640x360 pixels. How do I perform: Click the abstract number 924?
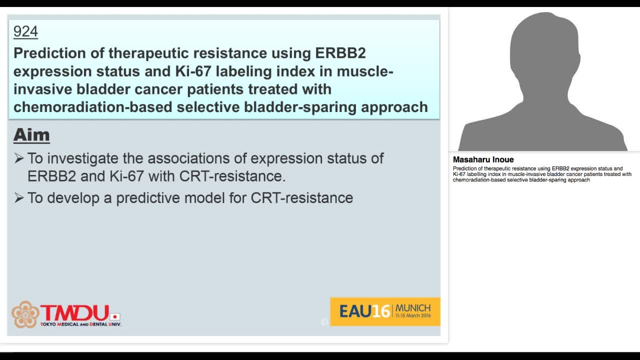(25, 31)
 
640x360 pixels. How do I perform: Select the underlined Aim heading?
(31, 135)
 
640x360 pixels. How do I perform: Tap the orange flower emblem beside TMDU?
(25, 314)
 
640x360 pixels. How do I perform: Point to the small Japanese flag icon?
(115, 316)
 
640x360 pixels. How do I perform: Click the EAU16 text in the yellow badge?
(364, 311)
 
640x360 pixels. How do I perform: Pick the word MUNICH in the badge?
(413, 307)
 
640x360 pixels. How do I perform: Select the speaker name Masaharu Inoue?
(483, 160)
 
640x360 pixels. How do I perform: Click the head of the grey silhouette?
(543, 47)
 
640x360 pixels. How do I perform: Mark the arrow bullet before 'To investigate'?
(19, 158)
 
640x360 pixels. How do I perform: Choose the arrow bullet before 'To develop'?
(19, 198)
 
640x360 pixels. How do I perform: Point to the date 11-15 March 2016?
(413, 316)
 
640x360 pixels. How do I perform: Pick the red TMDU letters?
(75, 312)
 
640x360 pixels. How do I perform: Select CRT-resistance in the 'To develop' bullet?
(302, 198)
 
